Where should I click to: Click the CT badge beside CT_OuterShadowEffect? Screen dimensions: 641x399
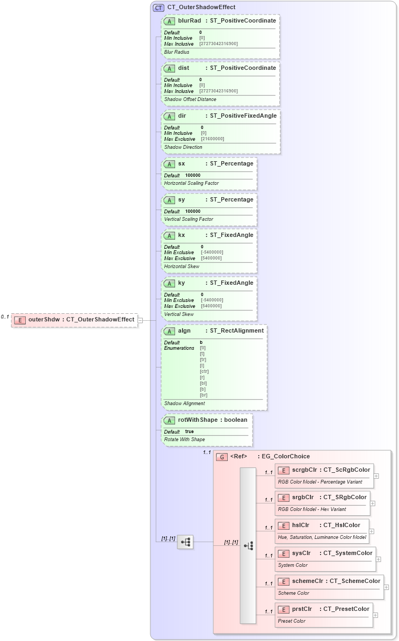click(x=158, y=8)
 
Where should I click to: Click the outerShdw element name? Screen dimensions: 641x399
click(x=44, y=320)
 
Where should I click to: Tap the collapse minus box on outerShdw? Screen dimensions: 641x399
click(x=140, y=320)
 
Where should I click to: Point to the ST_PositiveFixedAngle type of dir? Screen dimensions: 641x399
click(x=243, y=116)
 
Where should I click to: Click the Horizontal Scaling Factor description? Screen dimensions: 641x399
click(x=191, y=183)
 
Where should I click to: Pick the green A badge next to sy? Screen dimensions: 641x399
click(x=169, y=200)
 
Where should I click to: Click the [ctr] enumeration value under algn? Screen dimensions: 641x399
click(x=204, y=371)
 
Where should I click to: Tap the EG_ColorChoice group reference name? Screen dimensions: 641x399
click(x=286, y=457)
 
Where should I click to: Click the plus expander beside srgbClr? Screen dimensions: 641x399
click(x=373, y=503)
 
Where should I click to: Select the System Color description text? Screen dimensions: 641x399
click(x=293, y=565)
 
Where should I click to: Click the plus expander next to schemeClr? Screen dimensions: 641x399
click(x=386, y=587)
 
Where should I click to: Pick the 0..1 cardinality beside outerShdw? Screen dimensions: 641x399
click(x=5, y=316)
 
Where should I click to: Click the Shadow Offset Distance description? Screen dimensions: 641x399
click(x=190, y=99)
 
